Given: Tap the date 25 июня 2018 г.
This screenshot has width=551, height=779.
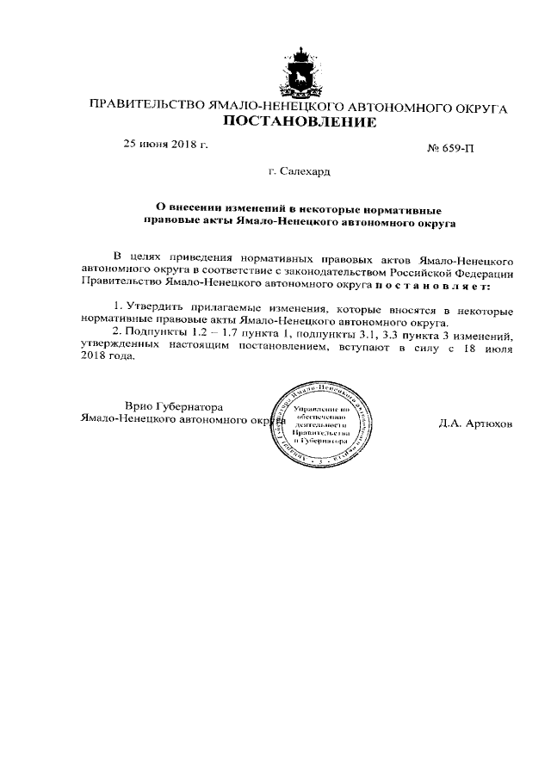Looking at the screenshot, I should point(166,144).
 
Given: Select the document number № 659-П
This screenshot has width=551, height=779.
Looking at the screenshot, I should point(450,148).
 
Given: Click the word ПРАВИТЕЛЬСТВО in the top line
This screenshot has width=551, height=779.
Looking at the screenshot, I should point(145,108).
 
